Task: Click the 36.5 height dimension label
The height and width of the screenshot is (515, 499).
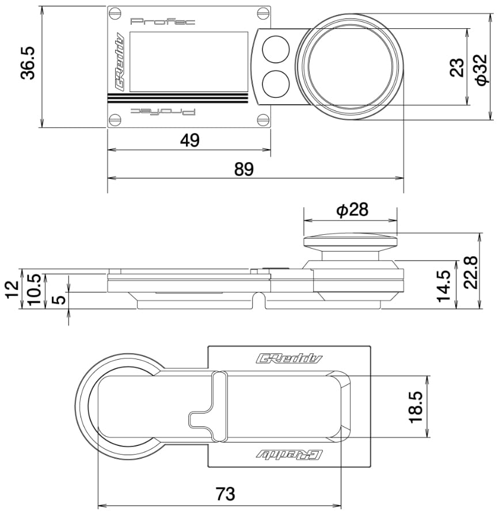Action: point(28,63)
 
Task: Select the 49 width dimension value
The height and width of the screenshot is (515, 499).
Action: point(189,140)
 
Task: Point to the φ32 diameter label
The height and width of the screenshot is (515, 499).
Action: point(482,70)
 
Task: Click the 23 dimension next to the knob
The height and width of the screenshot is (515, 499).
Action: point(457,67)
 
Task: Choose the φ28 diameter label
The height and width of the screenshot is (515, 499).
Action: point(352,210)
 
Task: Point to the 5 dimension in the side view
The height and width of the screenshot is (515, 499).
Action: point(59,299)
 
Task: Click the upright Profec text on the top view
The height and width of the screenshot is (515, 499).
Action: point(163,22)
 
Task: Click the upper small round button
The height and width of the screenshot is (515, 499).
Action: point(276,48)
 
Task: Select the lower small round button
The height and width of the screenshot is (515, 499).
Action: point(276,84)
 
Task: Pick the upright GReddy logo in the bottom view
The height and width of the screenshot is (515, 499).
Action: point(289,359)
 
